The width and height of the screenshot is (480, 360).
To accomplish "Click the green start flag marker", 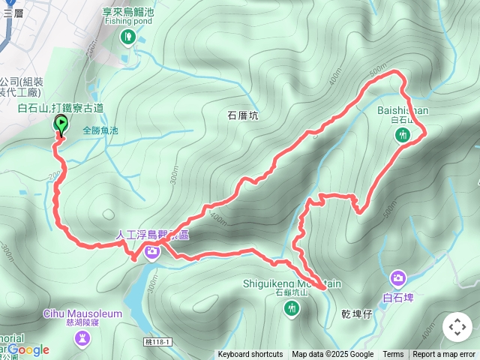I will pos(60,125).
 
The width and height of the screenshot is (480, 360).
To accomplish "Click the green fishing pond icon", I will pos(127,36).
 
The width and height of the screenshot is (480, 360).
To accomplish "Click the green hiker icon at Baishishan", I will pos(403,135).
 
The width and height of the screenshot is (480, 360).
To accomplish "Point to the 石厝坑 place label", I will pos(242,115).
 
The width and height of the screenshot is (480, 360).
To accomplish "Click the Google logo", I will pos(28,349).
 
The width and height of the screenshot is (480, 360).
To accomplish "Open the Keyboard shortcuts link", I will pos(250,355).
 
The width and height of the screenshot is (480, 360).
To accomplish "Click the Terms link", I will pos(393,355).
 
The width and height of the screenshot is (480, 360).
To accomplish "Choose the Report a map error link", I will pos(444,355).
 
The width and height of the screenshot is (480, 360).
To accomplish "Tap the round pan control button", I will pos(457,327).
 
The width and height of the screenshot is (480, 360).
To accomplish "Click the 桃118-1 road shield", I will pos(157,341).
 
